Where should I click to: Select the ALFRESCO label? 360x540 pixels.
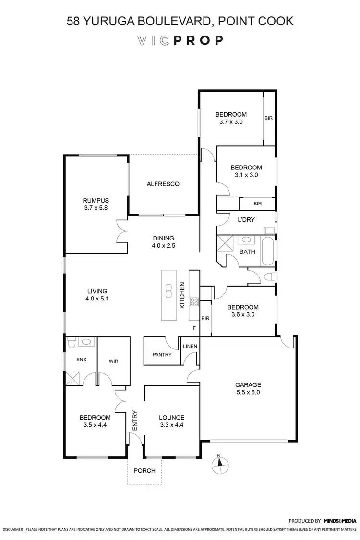point(163,184)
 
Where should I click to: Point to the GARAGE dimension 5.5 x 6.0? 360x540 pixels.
point(248,392)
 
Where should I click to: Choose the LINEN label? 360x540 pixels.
point(188,347)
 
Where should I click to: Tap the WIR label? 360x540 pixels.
point(113,361)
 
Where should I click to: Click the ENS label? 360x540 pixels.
point(74,358)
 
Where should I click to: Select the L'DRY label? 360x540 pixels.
point(246,219)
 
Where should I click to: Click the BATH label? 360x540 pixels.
point(247,252)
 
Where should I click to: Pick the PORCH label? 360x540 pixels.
point(144,470)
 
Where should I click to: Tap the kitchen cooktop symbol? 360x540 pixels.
point(195,302)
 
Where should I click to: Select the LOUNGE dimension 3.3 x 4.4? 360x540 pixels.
point(172,425)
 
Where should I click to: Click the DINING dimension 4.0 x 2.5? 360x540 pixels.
point(163,245)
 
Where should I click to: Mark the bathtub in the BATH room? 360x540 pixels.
point(267,250)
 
